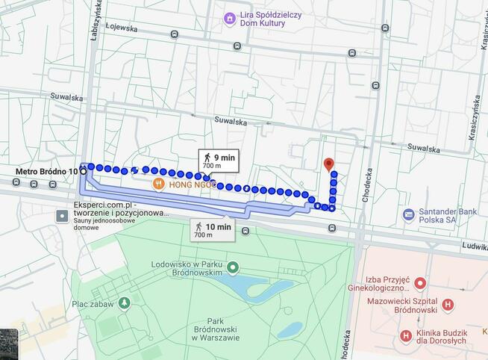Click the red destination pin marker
[328, 164]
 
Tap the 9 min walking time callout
[216, 158]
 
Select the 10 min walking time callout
[213, 229]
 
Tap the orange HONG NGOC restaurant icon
[158, 184]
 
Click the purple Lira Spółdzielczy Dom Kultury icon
[230, 17]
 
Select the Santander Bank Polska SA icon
[408, 214]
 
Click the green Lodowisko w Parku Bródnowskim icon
[233, 267]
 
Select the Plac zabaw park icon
[125, 302]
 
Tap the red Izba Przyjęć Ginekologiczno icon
[420, 283]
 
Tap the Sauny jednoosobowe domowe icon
[62, 216]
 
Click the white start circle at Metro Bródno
[82, 171]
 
